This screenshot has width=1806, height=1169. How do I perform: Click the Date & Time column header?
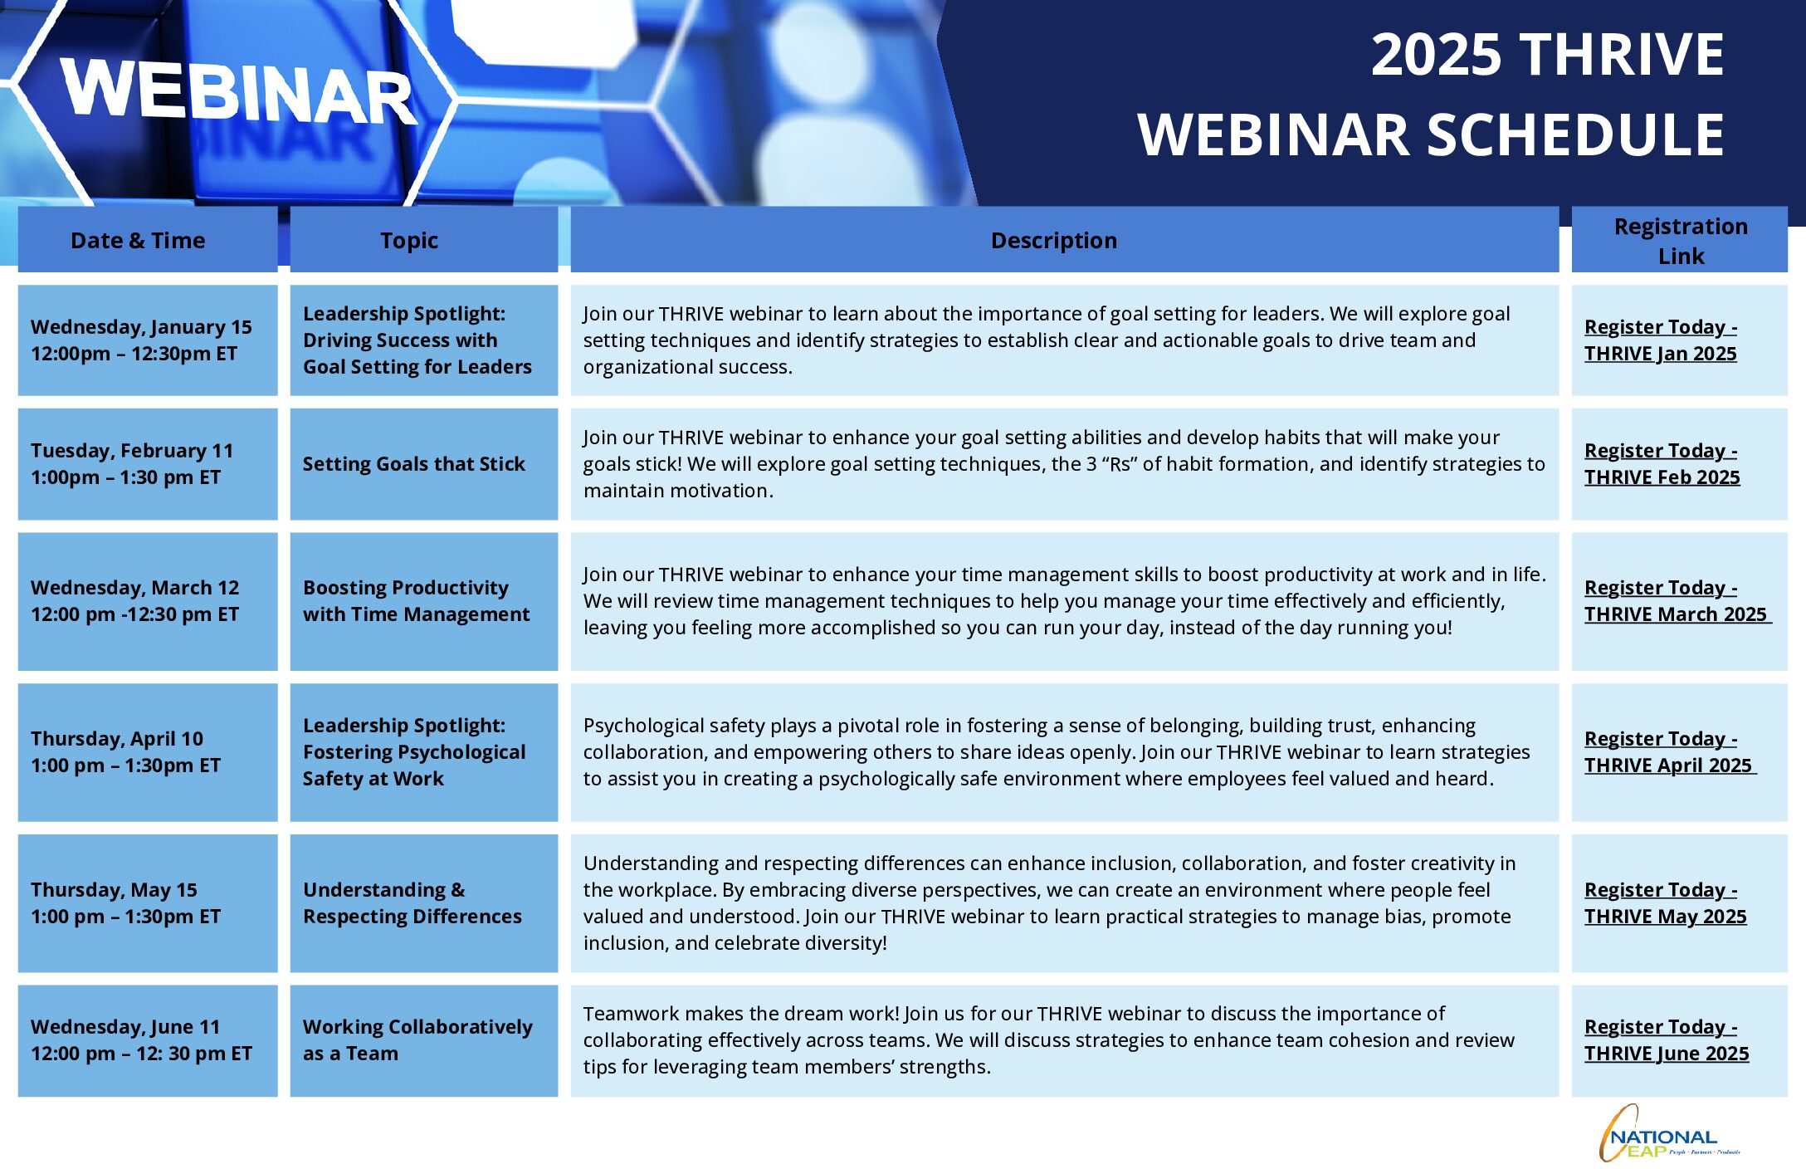tap(138, 241)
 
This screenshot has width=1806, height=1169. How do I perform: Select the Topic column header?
tap(409, 241)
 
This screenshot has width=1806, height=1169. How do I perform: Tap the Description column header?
tap(1054, 241)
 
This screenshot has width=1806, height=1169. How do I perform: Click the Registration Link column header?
tap(1681, 241)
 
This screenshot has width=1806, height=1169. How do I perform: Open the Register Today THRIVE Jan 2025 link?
tap(1661, 340)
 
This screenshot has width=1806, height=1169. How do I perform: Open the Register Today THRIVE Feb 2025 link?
tap(1662, 464)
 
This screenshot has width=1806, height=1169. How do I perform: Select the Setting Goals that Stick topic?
tap(413, 464)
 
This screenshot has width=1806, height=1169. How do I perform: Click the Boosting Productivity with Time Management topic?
tap(416, 601)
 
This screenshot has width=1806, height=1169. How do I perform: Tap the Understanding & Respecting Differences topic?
tap(412, 903)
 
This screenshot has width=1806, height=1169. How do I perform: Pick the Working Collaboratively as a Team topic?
tap(417, 1040)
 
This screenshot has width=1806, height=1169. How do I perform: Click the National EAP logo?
tap(1668, 1134)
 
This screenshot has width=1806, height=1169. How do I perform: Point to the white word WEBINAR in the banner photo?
tap(239, 93)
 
